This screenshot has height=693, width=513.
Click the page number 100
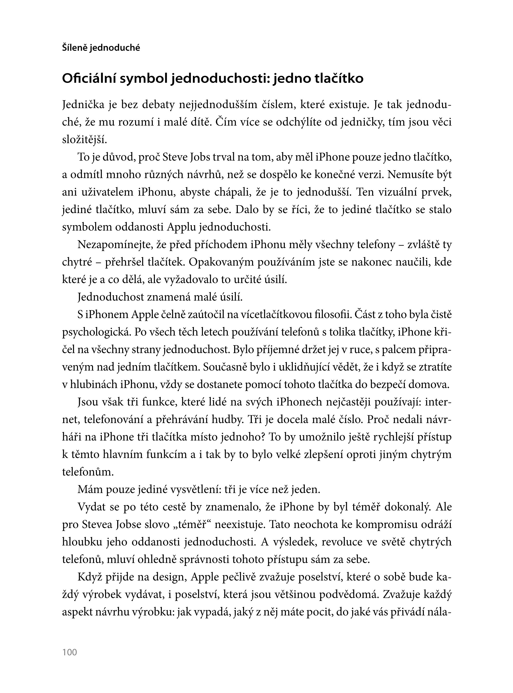(70, 652)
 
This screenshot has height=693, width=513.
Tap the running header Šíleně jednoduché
(101, 48)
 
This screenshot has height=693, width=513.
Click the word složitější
(84, 140)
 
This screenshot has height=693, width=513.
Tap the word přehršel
(124, 262)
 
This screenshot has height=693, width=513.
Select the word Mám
(90, 489)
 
